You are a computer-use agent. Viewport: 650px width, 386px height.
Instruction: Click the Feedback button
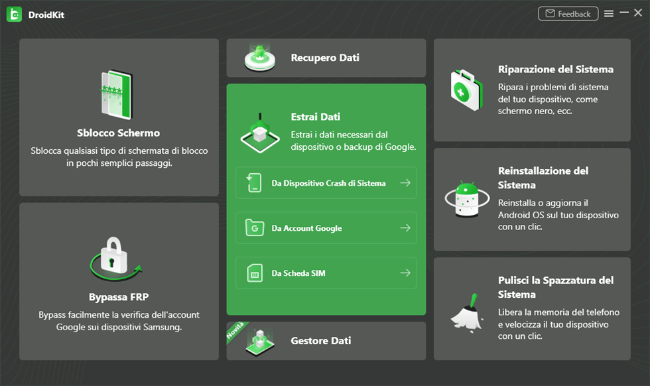click(x=568, y=14)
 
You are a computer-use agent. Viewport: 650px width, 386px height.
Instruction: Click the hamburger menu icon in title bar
click(x=609, y=14)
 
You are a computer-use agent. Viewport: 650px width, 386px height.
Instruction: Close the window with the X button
click(x=638, y=13)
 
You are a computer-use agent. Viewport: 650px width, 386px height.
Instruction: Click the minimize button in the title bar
click(x=624, y=13)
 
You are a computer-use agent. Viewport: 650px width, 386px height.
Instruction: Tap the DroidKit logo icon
click(x=14, y=15)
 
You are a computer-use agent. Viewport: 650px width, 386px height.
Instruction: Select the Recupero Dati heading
click(x=325, y=58)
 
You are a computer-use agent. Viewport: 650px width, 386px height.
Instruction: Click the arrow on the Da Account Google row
click(x=405, y=228)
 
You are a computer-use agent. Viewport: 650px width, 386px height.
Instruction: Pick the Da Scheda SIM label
click(x=298, y=273)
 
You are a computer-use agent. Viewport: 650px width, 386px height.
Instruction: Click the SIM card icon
click(x=255, y=273)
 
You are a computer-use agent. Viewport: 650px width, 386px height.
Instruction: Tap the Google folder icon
click(x=255, y=227)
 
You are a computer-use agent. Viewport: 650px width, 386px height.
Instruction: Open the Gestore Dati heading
click(x=321, y=341)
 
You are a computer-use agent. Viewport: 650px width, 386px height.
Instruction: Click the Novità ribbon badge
click(x=235, y=331)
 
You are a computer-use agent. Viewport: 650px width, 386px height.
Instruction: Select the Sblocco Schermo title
click(x=118, y=133)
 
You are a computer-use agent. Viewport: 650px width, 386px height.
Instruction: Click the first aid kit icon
click(x=467, y=90)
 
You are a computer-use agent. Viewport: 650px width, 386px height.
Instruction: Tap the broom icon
click(x=467, y=313)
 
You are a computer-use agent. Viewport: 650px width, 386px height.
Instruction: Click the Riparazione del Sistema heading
click(x=556, y=69)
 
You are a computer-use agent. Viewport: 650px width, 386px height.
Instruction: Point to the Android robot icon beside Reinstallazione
click(x=467, y=199)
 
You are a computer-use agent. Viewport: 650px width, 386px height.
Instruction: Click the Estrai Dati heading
click(x=316, y=117)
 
